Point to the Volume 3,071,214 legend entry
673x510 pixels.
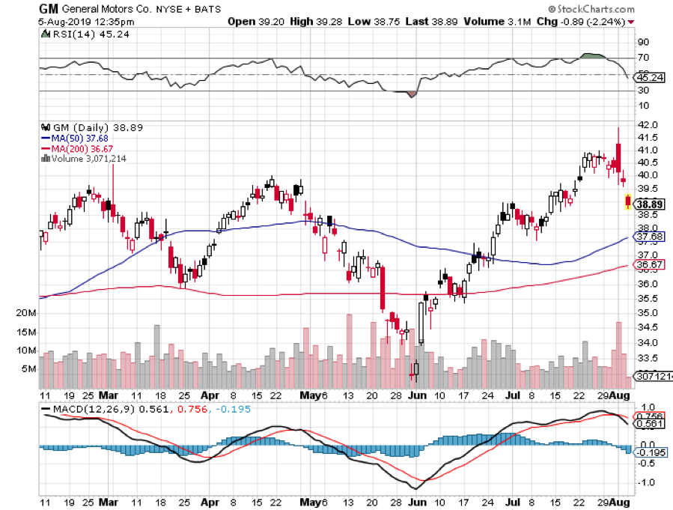pyautogui.click(x=85, y=158)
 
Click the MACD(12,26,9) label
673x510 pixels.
pyautogui.click(x=83, y=409)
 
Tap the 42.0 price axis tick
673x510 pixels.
pyautogui.click(x=647, y=124)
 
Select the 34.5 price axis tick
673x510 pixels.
pyautogui.click(x=647, y=327)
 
